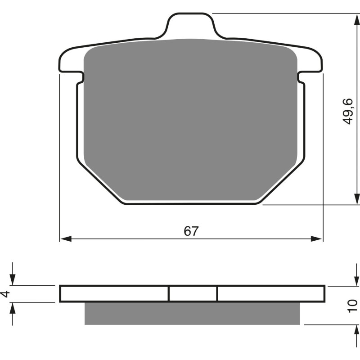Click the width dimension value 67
[191, 231]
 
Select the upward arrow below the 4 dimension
[13, 308]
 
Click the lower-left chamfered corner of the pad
[101, 182]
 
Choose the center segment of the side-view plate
[193, 293]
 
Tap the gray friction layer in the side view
[192, 313]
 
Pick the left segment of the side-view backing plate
[114, 293]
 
